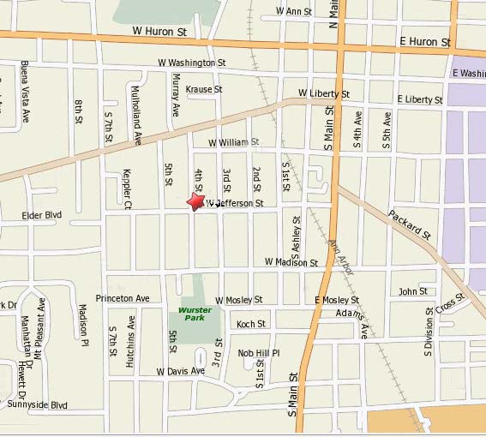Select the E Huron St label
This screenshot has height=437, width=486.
coord(425,41)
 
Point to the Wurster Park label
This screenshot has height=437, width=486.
coord(195,314)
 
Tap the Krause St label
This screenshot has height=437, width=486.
coord(204,89)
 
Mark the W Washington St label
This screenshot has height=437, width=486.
coord(192,63)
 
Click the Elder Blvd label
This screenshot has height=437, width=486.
coord(42,215)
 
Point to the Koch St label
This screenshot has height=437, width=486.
coord(251,324)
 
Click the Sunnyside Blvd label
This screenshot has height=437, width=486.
coord(37,404)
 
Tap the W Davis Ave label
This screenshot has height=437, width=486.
coord(180,371)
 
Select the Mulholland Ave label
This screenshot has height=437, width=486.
coord(136,112)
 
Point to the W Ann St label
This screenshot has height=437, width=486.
coord(294,11)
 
